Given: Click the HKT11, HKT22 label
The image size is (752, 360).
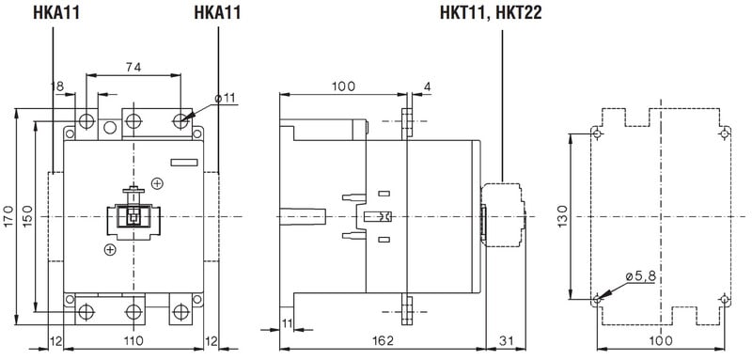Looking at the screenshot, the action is click(x=491, y=13).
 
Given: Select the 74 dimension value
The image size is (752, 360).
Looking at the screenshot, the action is click(x=133, y=68).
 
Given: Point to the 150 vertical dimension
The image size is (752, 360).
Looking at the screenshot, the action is click(x=27, y=216).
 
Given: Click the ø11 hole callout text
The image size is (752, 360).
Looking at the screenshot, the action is click(x=226, y=99).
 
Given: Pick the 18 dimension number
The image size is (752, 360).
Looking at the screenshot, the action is click(x=57, y=86).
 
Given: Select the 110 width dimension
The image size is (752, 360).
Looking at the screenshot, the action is click(x=133, y=341).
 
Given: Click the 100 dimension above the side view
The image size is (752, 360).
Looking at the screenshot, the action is click(x=343, y=86).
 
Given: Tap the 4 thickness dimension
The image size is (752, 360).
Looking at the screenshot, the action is click(x=428, y=86).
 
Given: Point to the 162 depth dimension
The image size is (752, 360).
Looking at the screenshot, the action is click(x=383, y=341).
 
